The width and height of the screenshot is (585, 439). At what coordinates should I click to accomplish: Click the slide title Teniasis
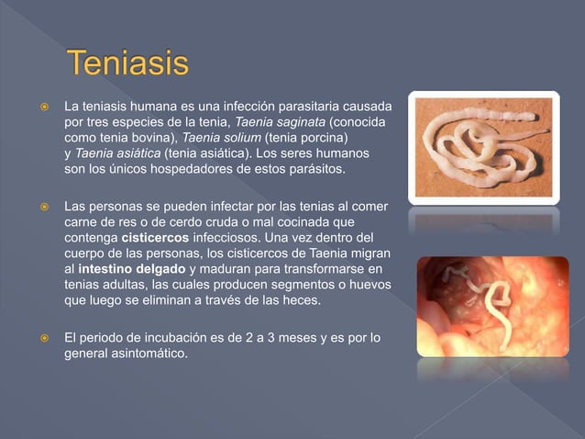(129, 67)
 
